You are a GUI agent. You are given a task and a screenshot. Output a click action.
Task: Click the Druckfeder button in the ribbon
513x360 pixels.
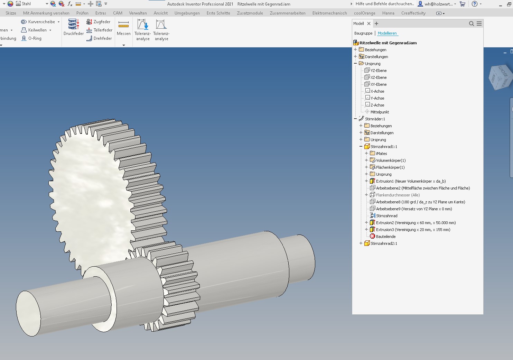point(74,27)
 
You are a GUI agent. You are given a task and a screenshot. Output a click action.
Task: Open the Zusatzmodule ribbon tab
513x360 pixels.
point(250,13)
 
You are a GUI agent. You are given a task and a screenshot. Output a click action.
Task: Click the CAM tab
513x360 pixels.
point(118,13)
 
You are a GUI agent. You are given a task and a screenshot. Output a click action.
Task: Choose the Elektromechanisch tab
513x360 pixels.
point(329,13)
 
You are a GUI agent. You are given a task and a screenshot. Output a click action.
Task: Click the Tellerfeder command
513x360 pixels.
point(100,30)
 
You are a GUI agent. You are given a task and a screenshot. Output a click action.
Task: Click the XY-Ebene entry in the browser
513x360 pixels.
point(378,84)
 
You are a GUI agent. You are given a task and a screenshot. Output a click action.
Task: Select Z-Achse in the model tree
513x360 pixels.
point(377,105)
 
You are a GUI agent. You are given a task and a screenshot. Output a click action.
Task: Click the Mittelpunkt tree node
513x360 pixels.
point(380,112)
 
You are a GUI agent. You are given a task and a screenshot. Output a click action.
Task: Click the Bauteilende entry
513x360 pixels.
point(385,237)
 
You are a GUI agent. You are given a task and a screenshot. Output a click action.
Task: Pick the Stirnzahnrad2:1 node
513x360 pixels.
point(384,243)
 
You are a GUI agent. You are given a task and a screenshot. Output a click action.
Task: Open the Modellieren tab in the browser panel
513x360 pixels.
point(387,33)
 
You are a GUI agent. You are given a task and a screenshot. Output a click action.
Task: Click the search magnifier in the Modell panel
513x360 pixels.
point(471,24)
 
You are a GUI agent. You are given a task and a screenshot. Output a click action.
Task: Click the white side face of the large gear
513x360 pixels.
point(90,194)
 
